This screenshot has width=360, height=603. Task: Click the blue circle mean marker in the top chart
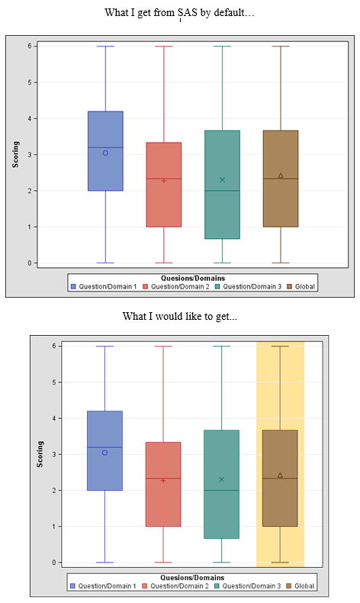click(x=105, y=153)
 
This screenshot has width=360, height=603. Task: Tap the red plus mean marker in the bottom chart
click(x=164, y=480)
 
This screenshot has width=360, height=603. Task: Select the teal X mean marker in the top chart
click(x=222, y=179)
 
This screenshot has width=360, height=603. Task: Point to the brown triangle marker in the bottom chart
click(x=280, y=476)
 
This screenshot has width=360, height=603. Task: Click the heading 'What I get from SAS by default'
click(x=180, y=13)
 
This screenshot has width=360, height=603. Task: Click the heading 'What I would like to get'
click(x=180, y=316)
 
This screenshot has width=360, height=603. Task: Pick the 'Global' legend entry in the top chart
click(x=304, y=286)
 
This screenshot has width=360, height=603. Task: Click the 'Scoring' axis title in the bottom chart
click(x=40, y=454)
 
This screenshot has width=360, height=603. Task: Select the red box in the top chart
click(x=164, y=184)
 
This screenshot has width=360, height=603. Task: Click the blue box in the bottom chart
click(x=105, y=450)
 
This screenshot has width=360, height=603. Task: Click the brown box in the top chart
click(x=280, y=178)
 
